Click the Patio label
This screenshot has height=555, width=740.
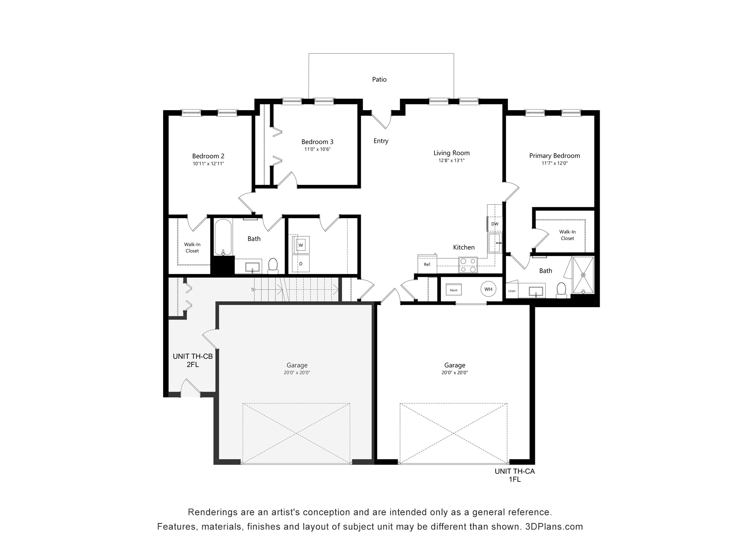pos(379,79)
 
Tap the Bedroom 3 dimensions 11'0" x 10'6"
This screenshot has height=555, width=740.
pos(318,149)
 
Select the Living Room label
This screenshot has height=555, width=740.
pos(452,153)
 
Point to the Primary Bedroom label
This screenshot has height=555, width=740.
pos(555,156)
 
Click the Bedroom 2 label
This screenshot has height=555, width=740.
pos(208,156)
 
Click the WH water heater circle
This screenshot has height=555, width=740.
pos(488,289)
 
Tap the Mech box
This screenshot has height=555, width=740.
pos(454,290)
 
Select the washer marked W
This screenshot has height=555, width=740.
pos(301,245)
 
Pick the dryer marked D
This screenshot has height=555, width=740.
pos(301,264)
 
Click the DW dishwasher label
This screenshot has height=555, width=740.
pos(495,224)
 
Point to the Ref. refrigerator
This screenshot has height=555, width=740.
pos(427,264)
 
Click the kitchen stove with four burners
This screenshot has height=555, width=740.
pos(468,265)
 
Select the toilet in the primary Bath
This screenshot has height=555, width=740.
pos(562,290)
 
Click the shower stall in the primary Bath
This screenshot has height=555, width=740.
pos(583,275)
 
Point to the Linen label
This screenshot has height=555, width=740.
pos(512,291)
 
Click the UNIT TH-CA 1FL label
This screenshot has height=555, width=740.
pos(515,475)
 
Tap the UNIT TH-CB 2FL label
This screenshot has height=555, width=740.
pos(193,360)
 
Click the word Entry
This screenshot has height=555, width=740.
pos(381,141)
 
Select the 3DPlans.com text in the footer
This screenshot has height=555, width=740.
pos(554,526)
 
